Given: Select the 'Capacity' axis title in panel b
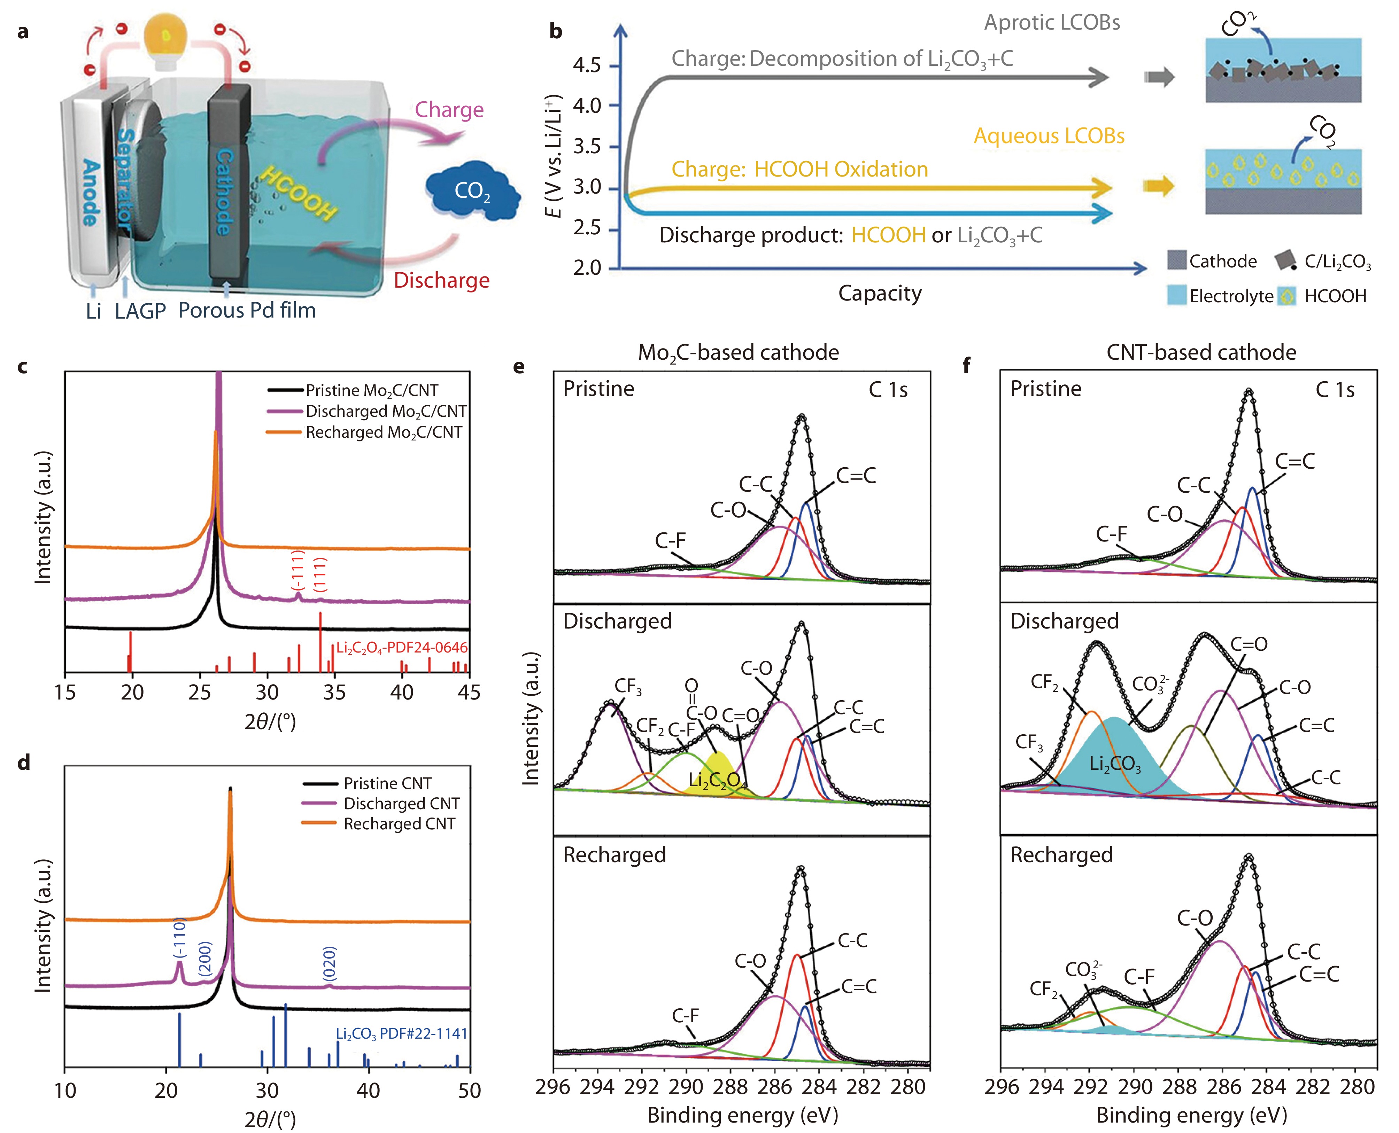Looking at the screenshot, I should (880, 293).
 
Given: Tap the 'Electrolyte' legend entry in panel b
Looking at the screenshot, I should (1231, 296).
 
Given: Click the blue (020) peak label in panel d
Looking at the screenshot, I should (330, 963).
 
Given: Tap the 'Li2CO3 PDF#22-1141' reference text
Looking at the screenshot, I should (402, 1033).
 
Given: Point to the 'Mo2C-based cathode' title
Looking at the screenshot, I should (739, 352).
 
